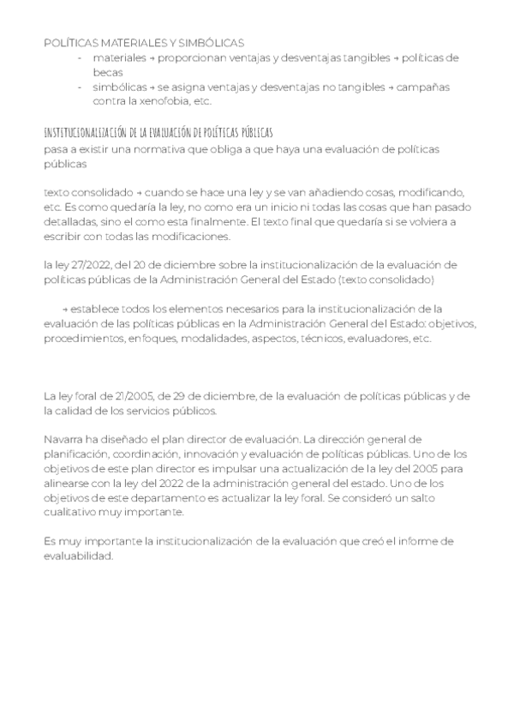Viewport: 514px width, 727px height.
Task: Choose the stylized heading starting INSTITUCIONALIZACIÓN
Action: click(x=158, y=132)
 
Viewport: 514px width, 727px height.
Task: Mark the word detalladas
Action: click(x=69, y=222)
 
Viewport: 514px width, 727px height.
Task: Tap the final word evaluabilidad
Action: click(x=78, y=555)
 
